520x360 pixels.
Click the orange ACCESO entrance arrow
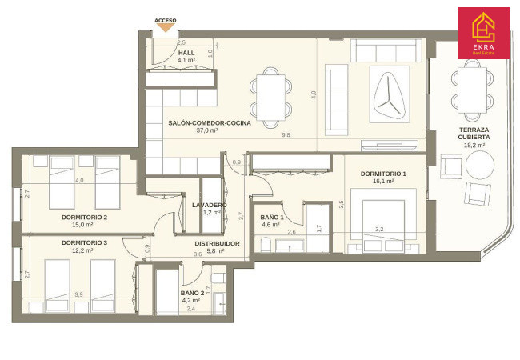pyautogui.click(x=165, y=28)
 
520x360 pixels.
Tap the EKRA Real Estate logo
pyautogui.click(x=483, y=33)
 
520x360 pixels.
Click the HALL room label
pyautogui.click(x=186, y=53)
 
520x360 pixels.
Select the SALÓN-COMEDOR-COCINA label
pyautogui.click(x=210, y=123)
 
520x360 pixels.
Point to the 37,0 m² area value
pyautogui.click(x=207, y=130)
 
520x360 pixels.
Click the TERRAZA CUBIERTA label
pyautogui.click(x=474, y=134)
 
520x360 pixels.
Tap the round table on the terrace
pyautogui.click(x=480, y=165)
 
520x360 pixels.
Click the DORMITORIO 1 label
pyautogui.click(x=383, y=174)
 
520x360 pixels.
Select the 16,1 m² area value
pyautogui.click(x=383, y=182)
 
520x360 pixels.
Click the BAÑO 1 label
pyautogui.click(x=272, y=217)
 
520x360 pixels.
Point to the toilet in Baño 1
pyautogui.click(x=266, y=245)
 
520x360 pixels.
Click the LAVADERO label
pyautogui.click(x=210, y=205)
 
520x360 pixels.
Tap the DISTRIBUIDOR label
pyautogui.click(x=217, y=244)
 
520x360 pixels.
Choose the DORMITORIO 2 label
pyautogui.click(x=84, y=218)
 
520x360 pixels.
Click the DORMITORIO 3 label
pyautogui.click(x=84, y=243)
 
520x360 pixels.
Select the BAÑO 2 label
pyautogui.click(x=192, y=293)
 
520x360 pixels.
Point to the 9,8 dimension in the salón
pyautogui.click(x=286, y=135)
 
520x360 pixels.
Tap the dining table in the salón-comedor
pyautogui.click(x=271, y=98)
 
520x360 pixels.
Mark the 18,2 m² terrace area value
pyautogui.click(x=475, y=145)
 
